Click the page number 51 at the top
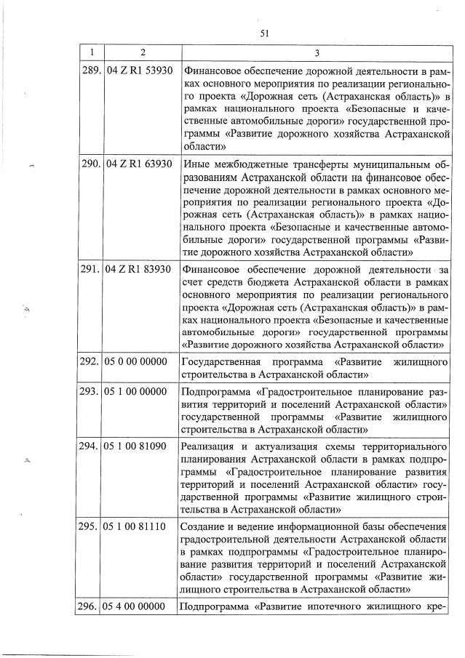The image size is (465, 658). pyautogui.click(x=264, y=32)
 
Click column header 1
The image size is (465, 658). pyautogui.click(x=91, y=53)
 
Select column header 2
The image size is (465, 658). pyautogui.click(x=142, y=53)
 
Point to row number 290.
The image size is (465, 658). pyautogui.click(x=91, y=164)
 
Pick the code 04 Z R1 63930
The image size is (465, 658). pyautogui.click(x=140, y=164)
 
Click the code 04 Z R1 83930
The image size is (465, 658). pyautogui.click(x=140, y=270)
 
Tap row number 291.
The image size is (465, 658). pyautogui.click(x=91, y=270)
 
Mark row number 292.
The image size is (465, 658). pyautogui.click(x=91, y=361)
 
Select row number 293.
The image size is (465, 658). pyautogui.click(x=91, y=393)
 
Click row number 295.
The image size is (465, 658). pyautogui.click(x=91, y=525)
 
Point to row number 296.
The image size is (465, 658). pyautogui.click(x=91, y=606)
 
